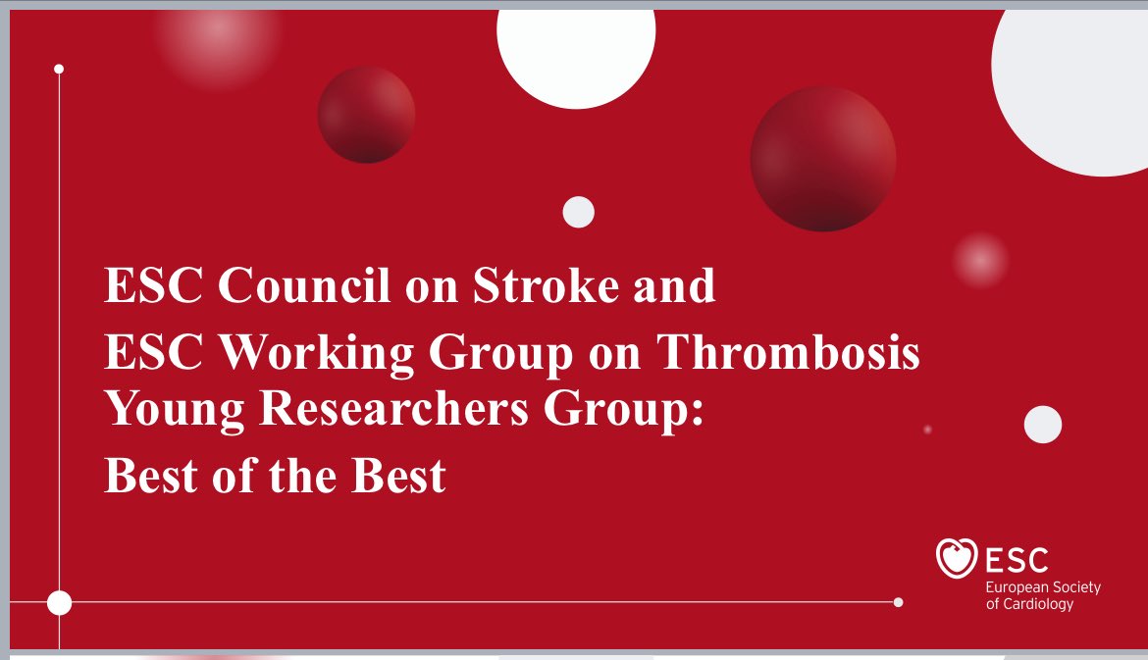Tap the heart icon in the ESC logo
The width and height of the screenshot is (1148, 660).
pos(957,559)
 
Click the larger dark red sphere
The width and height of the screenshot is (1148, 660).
pos(822,159)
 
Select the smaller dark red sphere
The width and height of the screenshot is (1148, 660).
pos(366,115)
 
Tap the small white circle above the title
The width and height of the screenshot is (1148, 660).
pos(579,212)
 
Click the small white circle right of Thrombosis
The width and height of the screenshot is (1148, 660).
pos(1043,425)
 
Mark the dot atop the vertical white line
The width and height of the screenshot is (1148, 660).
pos(59,69)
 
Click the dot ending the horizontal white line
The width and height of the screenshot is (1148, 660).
pos(898,602)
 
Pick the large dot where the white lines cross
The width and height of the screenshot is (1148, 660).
pos(59,602)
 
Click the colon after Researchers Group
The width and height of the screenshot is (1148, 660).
pos(698,414)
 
